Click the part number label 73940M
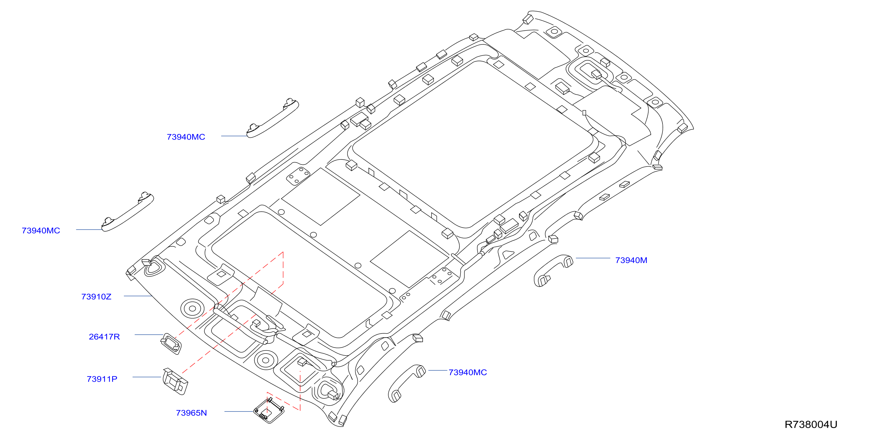pyautogui.click(x=631, y=260)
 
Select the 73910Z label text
pyautogui.click(x=96, y=297)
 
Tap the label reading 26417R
pyautogui.click(x=104, y=337)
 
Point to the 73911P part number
pyautogui.click(x=102, y=379)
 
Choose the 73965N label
pyautogui.click(x=191, y=413)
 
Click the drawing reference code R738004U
pyautogui.click(x=811, y=425)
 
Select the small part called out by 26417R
pyautogui.click(x=171, y=343)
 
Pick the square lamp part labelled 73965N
pyautogui.click(x=269, y=411)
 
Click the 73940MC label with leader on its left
pyautogui.click(x=468, y=372)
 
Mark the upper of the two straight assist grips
pyautogui.click(x=272, y=118)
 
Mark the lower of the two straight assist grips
pyautogui.click(x=128, y=212)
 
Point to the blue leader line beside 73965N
pyautogui.click(x=239, y=411)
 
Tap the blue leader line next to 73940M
pyautogui.click(x=593, y=258)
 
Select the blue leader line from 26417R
pyautogui.click(x=149, y=335)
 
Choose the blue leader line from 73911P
pyautogui.click(x=147, y=377)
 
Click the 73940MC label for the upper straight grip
pyautogui.click(x=186, y=137)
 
